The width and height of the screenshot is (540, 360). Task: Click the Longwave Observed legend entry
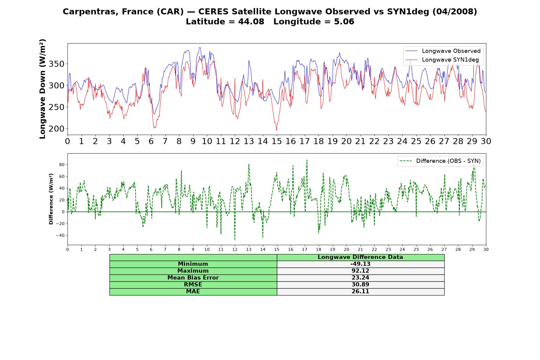[443, 51]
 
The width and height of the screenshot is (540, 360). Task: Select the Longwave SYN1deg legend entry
[442, 60]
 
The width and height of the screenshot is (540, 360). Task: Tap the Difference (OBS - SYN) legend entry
[440, 161]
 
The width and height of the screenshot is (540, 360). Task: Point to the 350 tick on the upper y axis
[57, 64]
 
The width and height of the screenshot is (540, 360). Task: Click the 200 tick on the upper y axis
[57, 129]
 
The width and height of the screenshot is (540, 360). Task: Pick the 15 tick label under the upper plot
[277, 141]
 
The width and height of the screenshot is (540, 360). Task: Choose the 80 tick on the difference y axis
[62, 165]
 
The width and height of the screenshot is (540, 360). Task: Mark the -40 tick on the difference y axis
[60, 235]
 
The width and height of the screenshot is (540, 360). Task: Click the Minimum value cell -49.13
[360, 264]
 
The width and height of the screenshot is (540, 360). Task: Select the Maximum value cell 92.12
[360, 271]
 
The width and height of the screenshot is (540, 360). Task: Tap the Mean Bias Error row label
[193, 278]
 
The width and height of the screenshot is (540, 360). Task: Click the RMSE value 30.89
[360, 285]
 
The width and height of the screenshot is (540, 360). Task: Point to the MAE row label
[193, 292]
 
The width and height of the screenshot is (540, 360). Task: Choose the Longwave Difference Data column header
[360, 257]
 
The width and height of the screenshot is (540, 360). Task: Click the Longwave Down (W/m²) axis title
[42, 89]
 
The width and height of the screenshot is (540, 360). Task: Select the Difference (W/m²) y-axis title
[51, 199]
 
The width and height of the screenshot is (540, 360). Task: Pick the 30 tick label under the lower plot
[486, 250]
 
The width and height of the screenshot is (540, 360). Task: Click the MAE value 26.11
[360, 292]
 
